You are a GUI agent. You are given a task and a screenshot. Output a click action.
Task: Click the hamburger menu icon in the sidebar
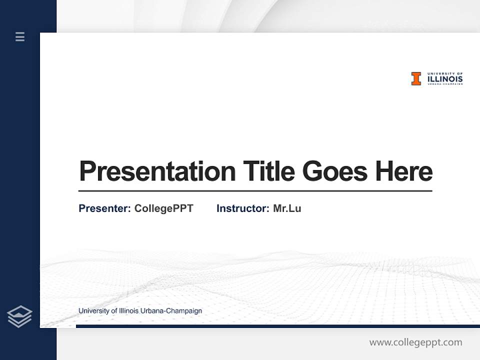[x=20, y=36]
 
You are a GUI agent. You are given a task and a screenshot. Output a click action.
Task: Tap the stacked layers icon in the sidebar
[x=19, y=316]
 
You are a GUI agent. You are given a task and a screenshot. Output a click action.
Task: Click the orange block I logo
[x=416, y=78]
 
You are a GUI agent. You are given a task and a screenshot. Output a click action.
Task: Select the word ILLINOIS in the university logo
[x=445, y=79]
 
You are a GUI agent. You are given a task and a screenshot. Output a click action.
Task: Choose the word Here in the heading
[x=404, y=171]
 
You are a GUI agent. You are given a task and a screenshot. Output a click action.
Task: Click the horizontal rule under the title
[x=255, y=190]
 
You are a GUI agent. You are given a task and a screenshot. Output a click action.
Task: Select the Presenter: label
[x=104, y=208]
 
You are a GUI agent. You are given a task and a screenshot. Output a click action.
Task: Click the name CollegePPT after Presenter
[x=163, y=208]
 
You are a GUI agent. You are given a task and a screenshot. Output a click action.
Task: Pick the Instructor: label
[x=242, y=208]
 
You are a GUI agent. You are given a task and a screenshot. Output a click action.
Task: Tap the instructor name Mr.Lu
[x=287, y=208]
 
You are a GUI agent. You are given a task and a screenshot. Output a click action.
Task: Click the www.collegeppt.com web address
[x=415, y=342]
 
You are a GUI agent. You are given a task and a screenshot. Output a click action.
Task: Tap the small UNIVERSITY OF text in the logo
[x=445, y=73]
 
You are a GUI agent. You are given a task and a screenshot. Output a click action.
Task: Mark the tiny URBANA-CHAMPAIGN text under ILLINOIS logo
[x=445, y=84]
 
